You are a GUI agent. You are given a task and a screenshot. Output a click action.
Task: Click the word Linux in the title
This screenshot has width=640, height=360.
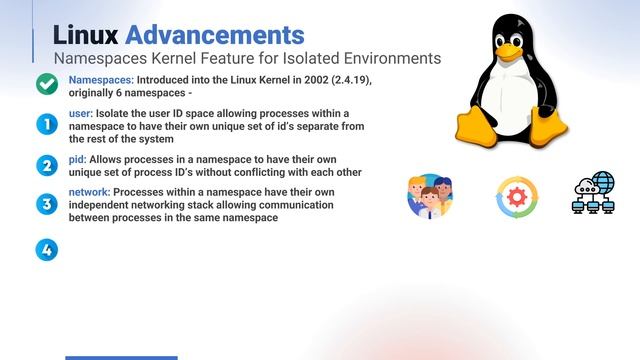(85, 36)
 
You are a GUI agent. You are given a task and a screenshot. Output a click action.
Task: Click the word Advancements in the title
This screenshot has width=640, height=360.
(215, 36)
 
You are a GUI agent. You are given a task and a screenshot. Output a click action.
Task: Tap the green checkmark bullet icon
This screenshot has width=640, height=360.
(46, 85)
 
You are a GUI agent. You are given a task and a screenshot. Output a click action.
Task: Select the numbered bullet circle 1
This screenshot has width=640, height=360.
(46, 125)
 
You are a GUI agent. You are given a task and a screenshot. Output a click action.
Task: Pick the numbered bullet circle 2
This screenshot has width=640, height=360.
(46, 165)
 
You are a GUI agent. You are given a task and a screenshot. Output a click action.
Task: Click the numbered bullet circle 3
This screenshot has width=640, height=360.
(46, 204)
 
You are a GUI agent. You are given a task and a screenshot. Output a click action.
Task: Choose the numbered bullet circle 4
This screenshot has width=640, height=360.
(46, 249)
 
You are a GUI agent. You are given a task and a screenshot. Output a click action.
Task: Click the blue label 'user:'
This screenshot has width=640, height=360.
(80, 115)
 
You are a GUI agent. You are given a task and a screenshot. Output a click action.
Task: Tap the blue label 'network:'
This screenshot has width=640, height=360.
(89, 192)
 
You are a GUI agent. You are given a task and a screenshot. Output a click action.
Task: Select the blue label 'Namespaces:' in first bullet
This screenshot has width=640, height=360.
(101, 80)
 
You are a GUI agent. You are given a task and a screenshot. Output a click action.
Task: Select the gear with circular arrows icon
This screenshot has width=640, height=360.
(517, 197)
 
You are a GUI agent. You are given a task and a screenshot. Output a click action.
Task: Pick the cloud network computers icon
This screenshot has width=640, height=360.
(596, 194)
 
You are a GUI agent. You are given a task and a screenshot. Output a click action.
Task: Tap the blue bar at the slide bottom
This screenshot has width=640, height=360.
(121, 357)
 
